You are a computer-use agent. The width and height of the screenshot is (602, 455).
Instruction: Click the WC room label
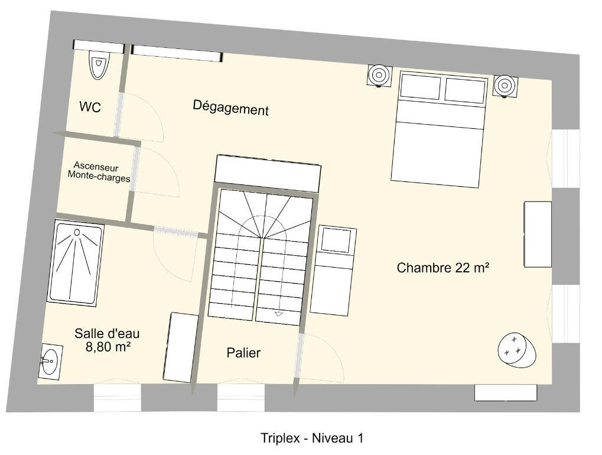[x=90, y=107]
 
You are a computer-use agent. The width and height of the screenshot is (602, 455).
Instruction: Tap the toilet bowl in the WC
[x=99, y=65]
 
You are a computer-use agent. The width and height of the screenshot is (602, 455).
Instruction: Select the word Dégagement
[x=230, y=108]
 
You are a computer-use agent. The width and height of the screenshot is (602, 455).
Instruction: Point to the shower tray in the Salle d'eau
[x=76, y=263]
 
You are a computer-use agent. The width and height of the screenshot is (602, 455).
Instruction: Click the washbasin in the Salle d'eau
[x=50, y=361]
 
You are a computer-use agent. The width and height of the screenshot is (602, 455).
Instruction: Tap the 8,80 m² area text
[x=108, y=347]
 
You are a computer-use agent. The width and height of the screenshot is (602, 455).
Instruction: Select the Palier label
[x=243, y=353]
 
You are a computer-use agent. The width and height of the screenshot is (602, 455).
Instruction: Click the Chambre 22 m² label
[x=442, y=268]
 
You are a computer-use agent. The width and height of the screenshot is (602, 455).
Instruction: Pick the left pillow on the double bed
[x=420, y=87]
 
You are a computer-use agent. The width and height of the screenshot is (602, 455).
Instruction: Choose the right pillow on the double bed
[x=466, y=90]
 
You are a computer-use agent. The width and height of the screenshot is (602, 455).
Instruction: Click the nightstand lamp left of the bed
[x=379, y=75]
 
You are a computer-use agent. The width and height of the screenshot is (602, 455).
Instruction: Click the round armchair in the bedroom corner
[x=517, y=349]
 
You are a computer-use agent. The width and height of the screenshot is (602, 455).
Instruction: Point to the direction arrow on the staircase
[x=279, y=314]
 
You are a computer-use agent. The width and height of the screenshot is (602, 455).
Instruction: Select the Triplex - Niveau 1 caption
[x=312, y=438]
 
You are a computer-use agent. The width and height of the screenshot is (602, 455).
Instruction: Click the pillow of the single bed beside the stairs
[x=336, y=240]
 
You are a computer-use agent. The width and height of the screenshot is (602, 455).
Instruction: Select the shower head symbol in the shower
[x=77, y=232]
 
